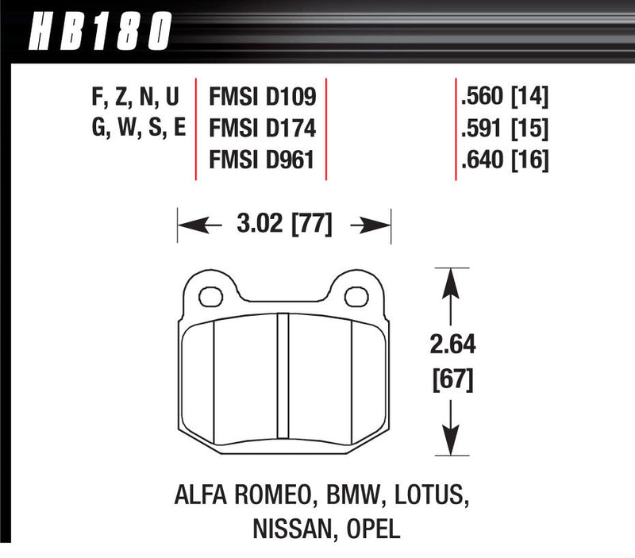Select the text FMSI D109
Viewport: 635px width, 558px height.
tap(263, 98)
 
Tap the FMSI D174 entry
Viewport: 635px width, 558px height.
tap(263, 129)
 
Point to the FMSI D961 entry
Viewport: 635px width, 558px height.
tap(263, 160)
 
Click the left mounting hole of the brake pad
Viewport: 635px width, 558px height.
tap(210, 297)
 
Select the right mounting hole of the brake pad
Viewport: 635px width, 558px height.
tap(357, 297)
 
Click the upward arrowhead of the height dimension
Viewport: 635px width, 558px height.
tap(452, 279)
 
